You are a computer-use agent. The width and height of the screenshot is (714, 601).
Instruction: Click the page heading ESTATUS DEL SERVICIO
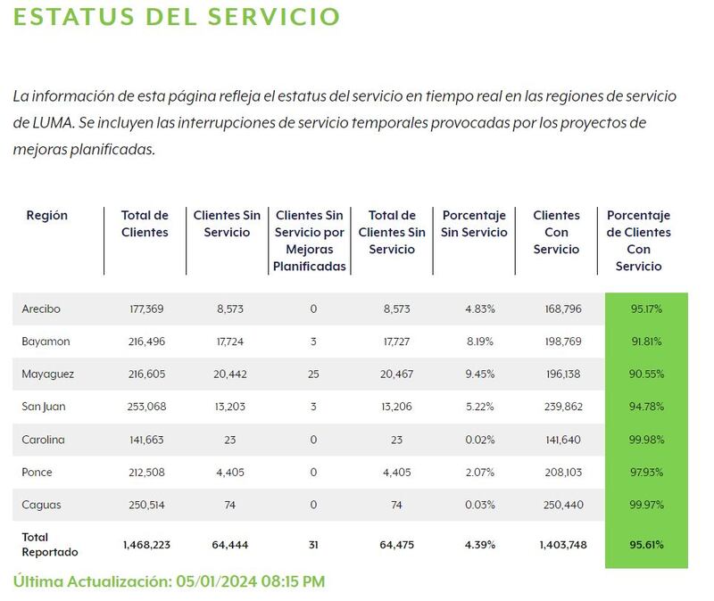point(177,17)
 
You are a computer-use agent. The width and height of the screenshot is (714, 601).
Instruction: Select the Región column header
point(47,216)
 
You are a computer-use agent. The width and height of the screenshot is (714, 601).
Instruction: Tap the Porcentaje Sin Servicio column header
point(474,224)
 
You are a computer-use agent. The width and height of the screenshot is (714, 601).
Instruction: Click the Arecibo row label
point(42,309)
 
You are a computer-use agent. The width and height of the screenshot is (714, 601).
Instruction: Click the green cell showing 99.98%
point(646,440)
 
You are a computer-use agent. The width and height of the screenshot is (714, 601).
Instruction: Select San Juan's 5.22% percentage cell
point(480,407)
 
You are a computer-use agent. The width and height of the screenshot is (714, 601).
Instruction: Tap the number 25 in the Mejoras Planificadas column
point(312,375)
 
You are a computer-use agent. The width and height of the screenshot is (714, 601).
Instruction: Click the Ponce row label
point(38,473)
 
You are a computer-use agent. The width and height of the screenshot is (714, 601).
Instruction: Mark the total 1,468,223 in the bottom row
point(145,544)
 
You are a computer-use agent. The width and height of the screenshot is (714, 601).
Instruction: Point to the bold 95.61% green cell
point(646,544)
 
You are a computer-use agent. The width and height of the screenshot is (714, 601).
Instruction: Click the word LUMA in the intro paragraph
point(34,121)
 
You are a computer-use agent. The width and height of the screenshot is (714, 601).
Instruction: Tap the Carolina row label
point(43,440)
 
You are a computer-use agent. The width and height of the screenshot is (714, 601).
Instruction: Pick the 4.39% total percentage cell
point(480,544)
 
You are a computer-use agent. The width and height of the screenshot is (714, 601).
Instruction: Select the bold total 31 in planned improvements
point(312,544)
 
